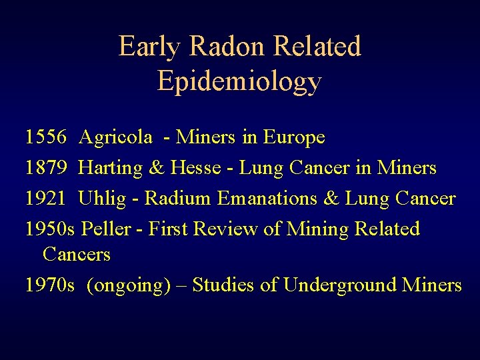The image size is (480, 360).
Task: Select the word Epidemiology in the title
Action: point(239,81)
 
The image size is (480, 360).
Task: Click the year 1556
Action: point(45,138)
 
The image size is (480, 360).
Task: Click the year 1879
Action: point(45,168)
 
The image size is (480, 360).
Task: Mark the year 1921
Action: point(45,199)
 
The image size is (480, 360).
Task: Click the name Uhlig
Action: point(100,199)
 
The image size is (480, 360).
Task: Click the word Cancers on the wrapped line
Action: point(76,255)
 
